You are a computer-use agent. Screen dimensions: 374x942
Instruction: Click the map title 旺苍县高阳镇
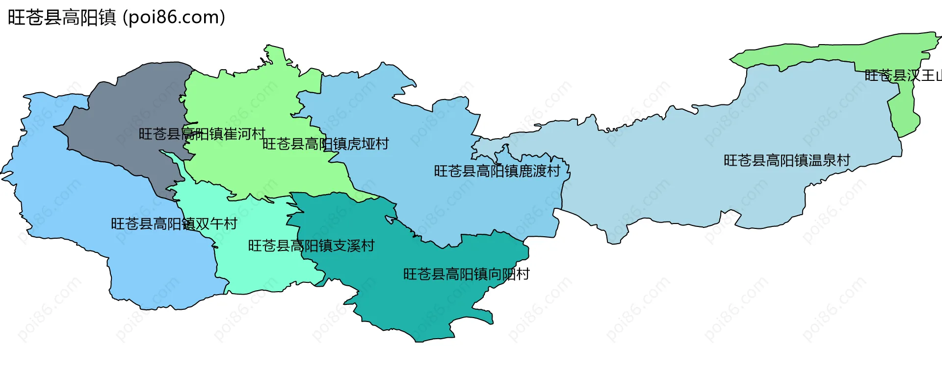[62, 18]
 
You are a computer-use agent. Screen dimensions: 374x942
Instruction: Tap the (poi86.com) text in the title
[174, 18]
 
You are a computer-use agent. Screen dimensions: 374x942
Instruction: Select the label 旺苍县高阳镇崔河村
[202, 134]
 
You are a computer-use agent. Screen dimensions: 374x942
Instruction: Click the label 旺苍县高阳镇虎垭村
[325, 144]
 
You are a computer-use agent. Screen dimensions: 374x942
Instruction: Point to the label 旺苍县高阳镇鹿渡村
[497, 171]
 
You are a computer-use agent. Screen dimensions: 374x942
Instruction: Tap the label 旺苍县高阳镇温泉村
[786, 160]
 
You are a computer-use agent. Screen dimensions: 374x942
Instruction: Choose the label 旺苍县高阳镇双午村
[174, 224]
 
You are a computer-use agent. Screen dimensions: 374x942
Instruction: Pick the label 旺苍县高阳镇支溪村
[311, 246]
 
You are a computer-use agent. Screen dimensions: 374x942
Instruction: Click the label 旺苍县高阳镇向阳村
[466, 274]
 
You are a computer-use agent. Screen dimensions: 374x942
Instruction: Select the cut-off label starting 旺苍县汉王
[903, 75]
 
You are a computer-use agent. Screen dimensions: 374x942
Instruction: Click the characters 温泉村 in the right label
[829, 160]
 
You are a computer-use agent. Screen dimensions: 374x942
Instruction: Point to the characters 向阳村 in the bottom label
[509, 274]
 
